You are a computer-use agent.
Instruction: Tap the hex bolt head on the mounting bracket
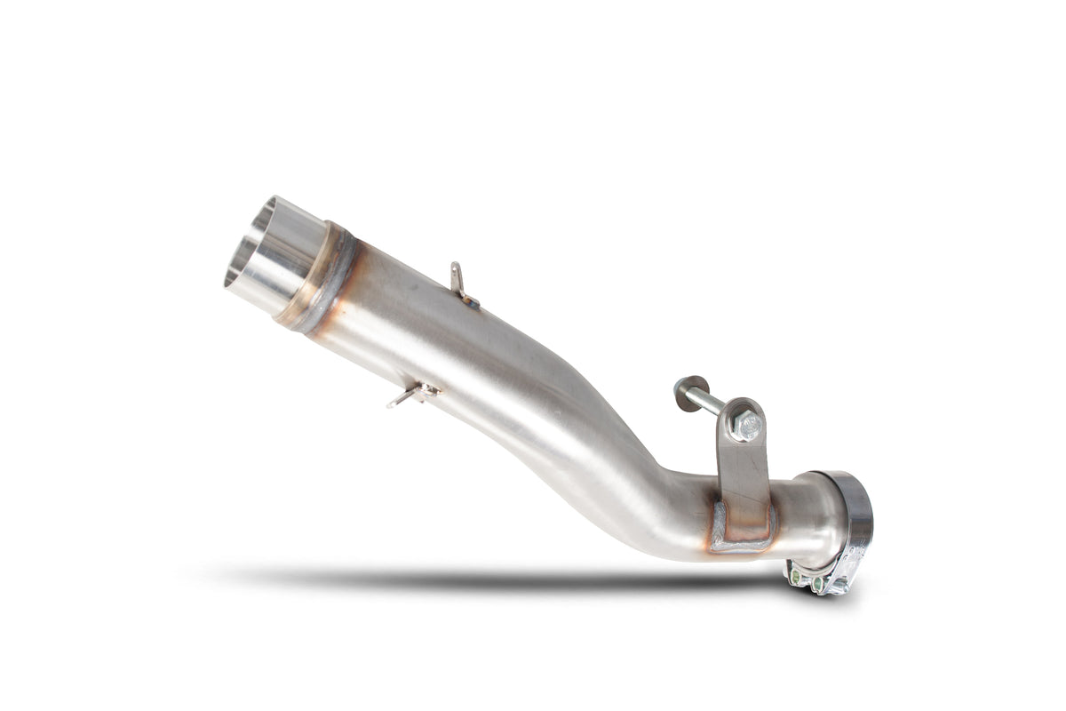coord(746,426)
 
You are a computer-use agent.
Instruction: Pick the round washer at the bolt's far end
coord(686,393)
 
